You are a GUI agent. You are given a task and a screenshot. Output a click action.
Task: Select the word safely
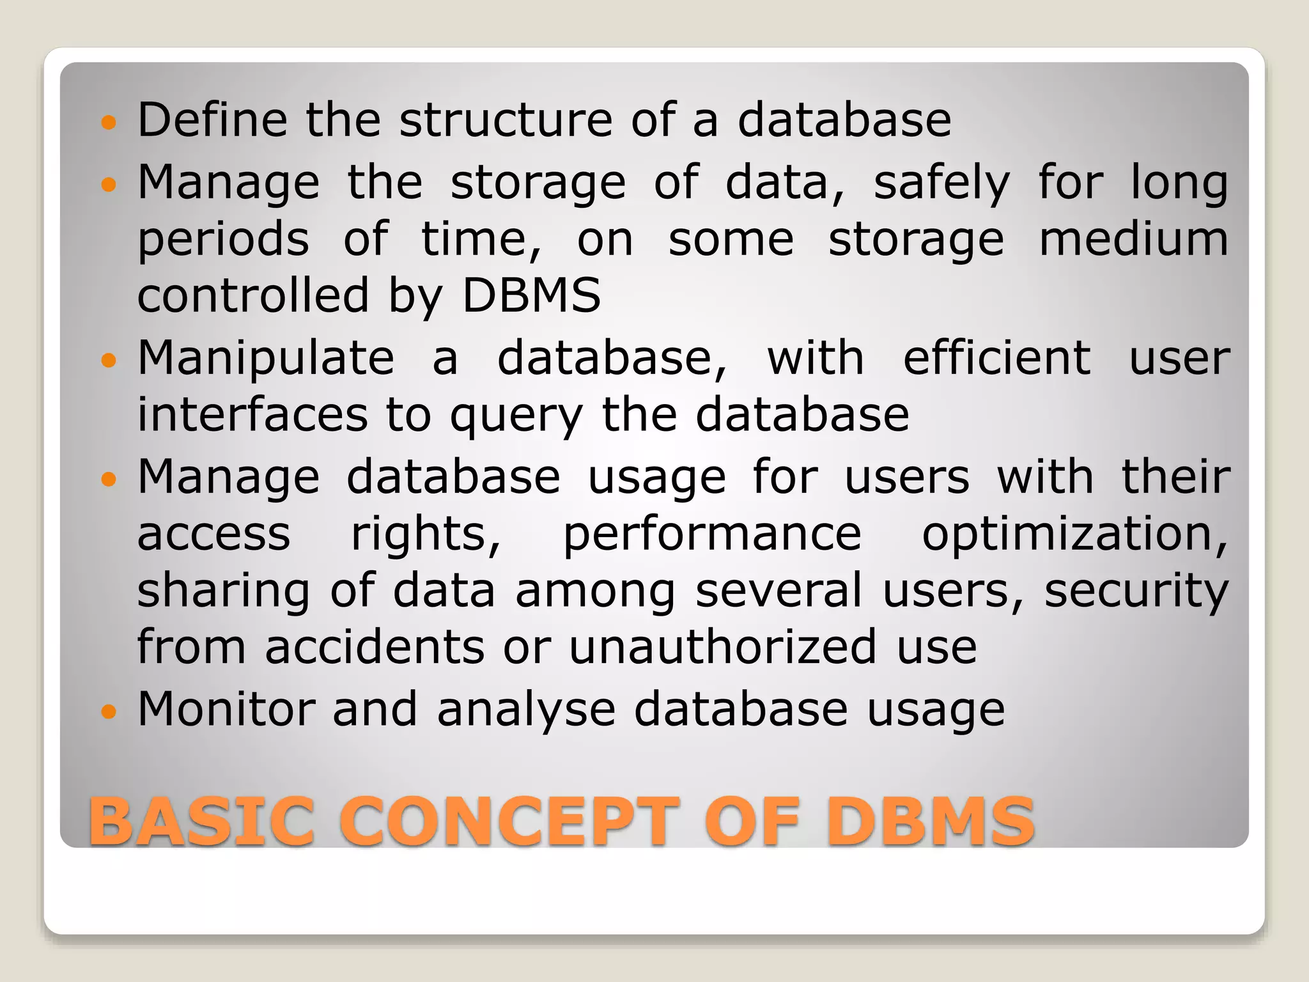tap(941, 183)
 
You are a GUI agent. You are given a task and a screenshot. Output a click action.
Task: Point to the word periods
tap(223, 240)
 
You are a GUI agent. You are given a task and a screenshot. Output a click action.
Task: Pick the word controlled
tap(253, 296)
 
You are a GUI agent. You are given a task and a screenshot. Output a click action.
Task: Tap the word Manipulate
tap(266, 359)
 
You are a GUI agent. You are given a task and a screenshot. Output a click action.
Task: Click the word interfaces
tap(252, 415)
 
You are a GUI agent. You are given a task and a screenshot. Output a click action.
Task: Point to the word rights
tap(426, 534)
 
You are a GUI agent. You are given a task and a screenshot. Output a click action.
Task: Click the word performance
tap(712, 536)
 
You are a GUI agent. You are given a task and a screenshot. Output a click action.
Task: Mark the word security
tap(1136, 591)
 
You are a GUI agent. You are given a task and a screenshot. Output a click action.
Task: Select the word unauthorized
tap(723, 647)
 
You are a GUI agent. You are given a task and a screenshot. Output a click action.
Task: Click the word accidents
tap(375, 647)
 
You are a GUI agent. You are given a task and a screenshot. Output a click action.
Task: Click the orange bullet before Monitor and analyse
tap(109, 710)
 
